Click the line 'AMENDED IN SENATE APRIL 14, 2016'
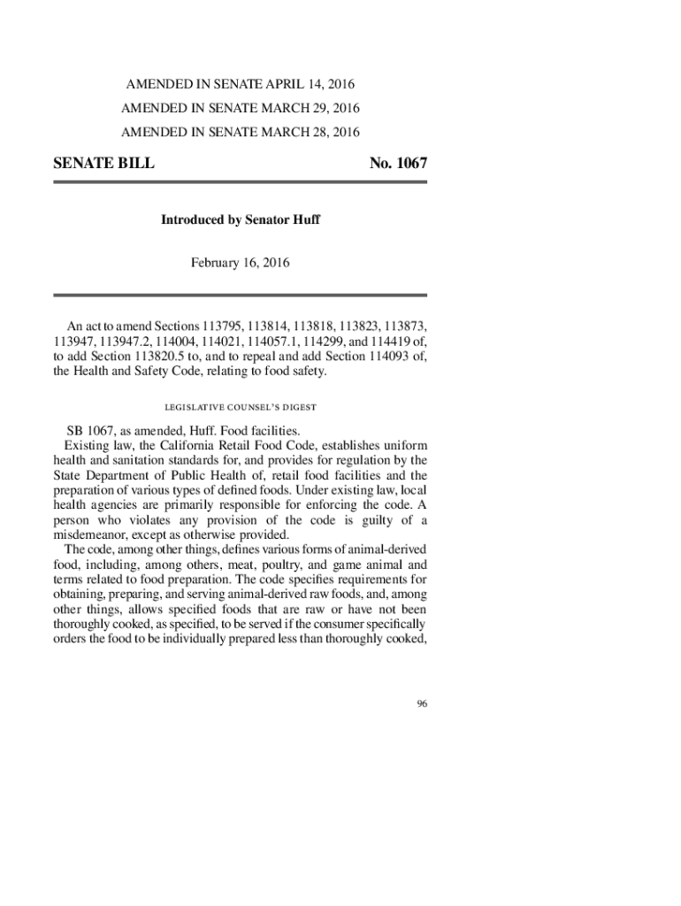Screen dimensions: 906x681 click(240, 85)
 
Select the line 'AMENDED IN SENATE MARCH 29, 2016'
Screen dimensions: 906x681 click(240, 109)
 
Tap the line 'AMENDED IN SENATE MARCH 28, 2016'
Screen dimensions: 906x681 click(240, 133)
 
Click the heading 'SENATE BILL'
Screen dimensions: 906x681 click(103, 164)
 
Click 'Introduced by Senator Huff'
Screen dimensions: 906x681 click(240, 219)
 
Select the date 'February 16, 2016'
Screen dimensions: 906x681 click(240, 263)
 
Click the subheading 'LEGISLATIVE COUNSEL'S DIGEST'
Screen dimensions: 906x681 click(240, 407)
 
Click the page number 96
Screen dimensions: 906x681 click(422, 703)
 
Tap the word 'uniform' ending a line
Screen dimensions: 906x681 click(406, 445)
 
